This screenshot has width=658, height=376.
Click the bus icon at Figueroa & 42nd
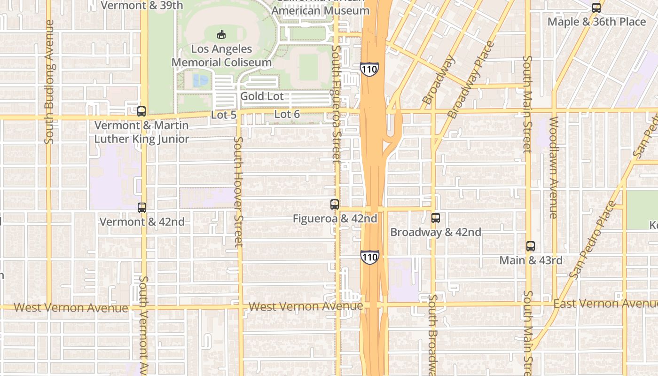click(x=335, y=204)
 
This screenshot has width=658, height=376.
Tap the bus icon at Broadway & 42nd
click(x=436, y=218)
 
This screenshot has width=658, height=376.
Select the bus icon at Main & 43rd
click(x=531, y=246)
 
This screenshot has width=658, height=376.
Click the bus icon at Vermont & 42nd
click(x=142, y=207)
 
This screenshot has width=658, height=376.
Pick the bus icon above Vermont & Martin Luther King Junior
click(x=141, y=111)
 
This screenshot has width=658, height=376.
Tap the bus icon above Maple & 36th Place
click(x=596, y=8)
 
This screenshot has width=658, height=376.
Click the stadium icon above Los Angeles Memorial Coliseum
click(x=221, y=34)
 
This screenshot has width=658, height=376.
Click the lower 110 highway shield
click(x=370, y=257)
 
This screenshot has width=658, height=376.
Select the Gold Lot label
click(x=262, y=96)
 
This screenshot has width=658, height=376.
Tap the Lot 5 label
click(x=223, y=115)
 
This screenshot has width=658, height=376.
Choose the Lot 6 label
click(x=287, y=114)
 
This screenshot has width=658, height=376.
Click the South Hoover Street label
click(x=239, y=191)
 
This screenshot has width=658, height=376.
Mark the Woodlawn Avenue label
click(x=553, y=167)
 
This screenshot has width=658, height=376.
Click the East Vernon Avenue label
click(x=605, y=304)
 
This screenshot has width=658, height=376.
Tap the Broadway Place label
click(x=471, y=79)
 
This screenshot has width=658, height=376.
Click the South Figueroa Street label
click(x=336, y=103)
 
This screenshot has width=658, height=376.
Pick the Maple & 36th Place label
click(x=597, y=22)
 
